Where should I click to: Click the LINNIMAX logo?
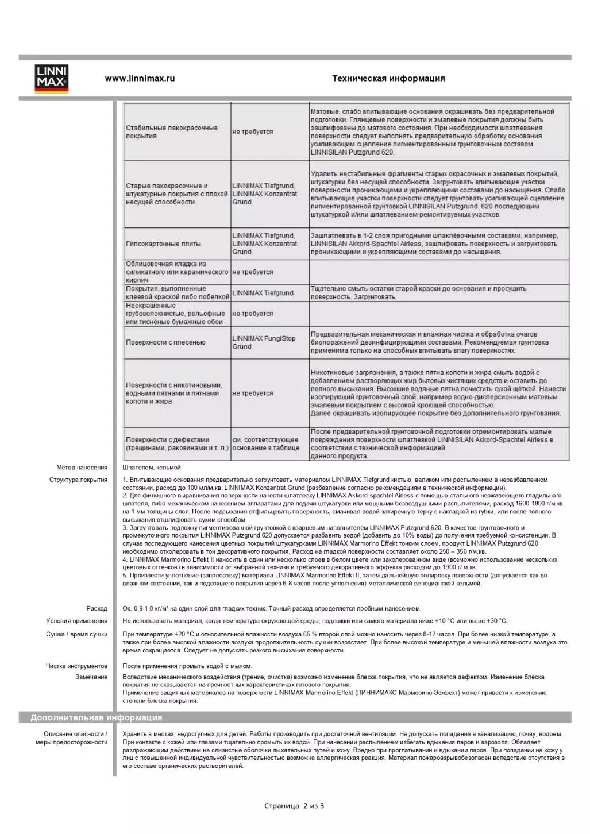click(52, 79)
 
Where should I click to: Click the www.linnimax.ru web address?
click(140, 79)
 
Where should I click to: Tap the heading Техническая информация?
click(388, 79)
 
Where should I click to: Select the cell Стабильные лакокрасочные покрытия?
click(172, 132)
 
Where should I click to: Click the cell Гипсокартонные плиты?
click(164, 244)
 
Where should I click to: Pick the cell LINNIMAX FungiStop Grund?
click(264, 342)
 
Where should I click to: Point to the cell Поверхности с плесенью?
click(165, 342)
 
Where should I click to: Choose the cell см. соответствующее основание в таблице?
click(265, 444)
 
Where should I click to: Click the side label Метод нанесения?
click(82, 468)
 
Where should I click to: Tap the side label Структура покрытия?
click(78, 480)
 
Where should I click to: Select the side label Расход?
click(97, 608)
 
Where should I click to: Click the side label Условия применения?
click(76, 621)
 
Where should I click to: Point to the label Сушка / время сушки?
click(76, 635)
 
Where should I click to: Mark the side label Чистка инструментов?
click(76, 666)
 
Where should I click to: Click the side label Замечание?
click(91, 677)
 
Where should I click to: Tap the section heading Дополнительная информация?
click(97, 717)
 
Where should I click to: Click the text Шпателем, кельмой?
click(152, 468)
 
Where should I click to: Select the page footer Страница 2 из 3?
click(294, 806)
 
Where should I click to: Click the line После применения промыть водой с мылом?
click(187, 666)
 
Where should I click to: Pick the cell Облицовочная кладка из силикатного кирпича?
click(177, 272)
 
